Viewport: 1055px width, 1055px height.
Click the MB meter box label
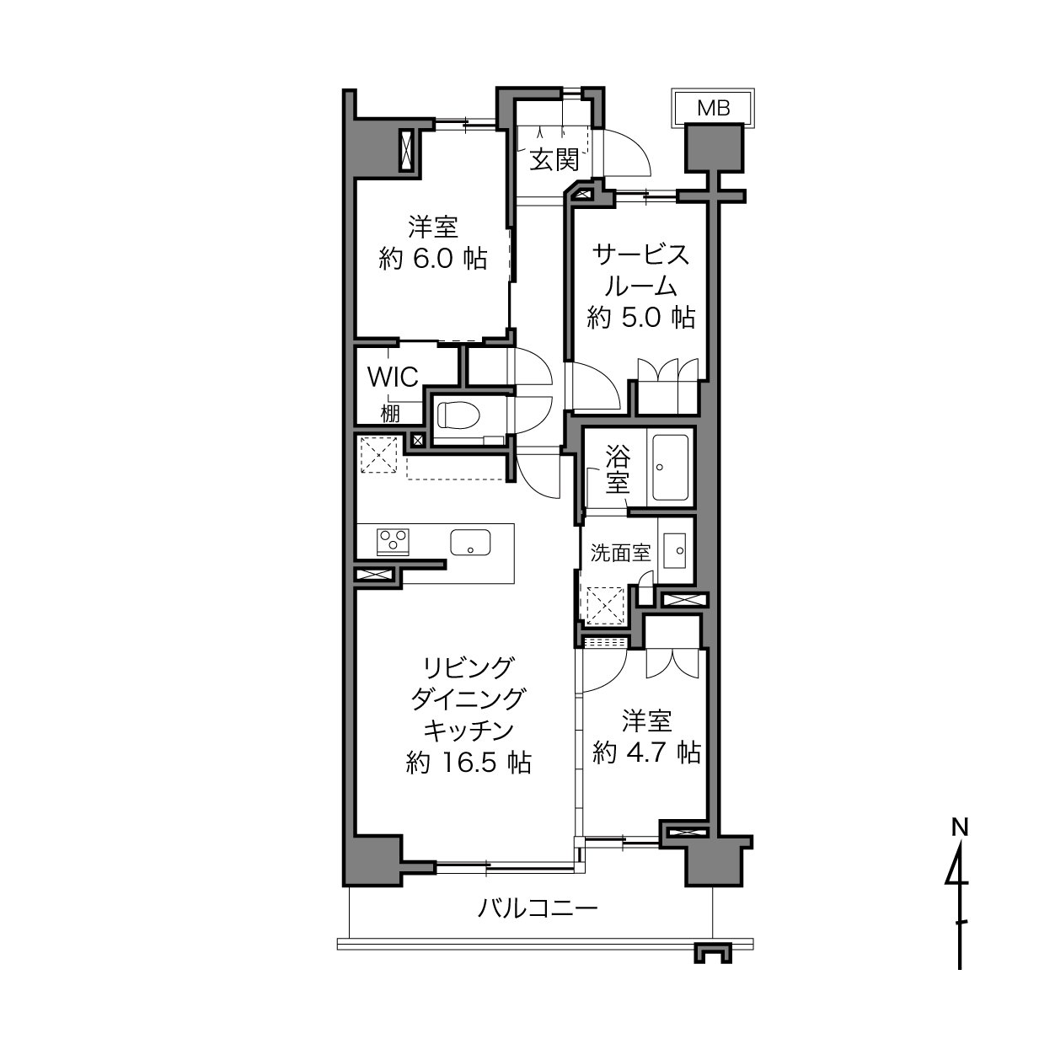(714, 108)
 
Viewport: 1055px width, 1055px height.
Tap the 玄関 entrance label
(554, 160)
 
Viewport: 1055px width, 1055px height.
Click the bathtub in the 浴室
(670, 467)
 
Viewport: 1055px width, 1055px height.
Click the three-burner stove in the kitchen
(393, 542)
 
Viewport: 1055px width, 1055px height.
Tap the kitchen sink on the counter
(470, 542)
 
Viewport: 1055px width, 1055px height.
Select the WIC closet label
(393, 377)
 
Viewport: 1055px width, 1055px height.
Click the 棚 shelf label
(390, 414)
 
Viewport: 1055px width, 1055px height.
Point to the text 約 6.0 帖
(432, 258)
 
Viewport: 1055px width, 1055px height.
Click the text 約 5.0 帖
(641, 317)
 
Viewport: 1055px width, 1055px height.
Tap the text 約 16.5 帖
(469, 762)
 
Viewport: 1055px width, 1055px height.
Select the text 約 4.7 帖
(646, 752)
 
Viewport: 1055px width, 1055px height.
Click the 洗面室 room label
(620, 553)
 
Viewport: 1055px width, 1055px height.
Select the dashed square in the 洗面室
(605, 606)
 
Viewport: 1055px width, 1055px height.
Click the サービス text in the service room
(641, 255)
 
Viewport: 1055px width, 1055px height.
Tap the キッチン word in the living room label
(469, 731)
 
